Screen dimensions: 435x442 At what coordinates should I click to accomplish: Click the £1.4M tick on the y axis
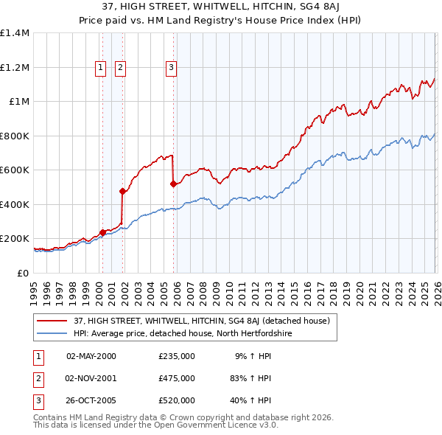tap(15, 33)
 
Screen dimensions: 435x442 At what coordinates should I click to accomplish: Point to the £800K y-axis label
tap(15, 136)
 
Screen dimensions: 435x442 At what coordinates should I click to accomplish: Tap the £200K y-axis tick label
tap(15, 239)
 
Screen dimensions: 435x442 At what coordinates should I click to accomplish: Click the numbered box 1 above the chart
tap(99, 69)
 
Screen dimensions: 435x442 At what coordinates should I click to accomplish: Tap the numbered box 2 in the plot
tap(120, 69)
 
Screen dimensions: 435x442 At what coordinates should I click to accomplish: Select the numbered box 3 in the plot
tap(171, 69)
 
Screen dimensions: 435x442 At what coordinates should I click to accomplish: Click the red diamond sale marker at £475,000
tap(122, 192)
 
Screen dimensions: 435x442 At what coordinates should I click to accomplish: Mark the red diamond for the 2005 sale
tap(173, 184)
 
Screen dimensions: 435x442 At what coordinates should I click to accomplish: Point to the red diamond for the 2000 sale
tap(102, 233)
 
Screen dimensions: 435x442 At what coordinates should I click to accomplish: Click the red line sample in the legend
tap(54, 321)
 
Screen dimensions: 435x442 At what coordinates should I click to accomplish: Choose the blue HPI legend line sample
tap(54, 333)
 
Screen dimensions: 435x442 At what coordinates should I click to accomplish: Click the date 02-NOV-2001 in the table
tap(91, 378)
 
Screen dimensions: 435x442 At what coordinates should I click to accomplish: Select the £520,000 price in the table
tap(177, 400)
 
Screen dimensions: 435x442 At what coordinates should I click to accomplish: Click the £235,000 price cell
tap(177, 356)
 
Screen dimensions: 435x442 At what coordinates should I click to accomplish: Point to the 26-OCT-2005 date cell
tap(91, 400)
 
